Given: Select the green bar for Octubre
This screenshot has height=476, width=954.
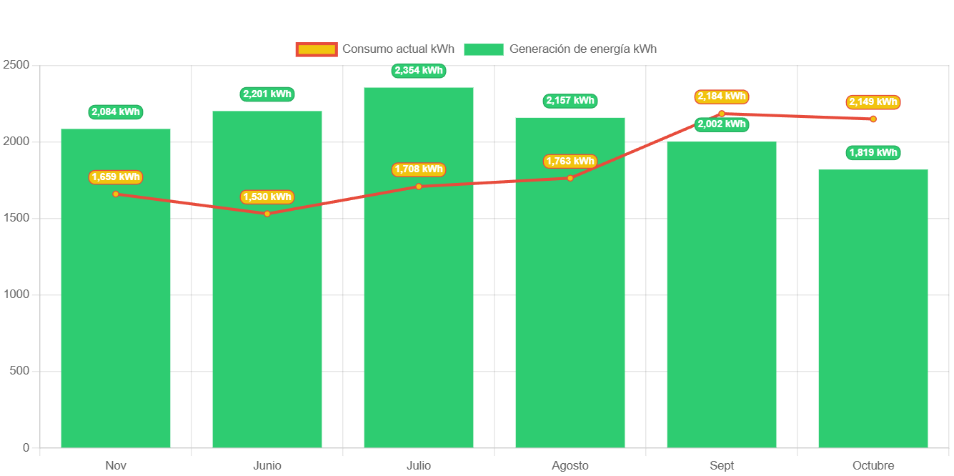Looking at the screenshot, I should [873, 307].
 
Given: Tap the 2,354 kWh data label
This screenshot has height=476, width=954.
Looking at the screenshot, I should [419, 71].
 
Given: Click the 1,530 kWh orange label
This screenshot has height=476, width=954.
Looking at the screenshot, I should [267, 197].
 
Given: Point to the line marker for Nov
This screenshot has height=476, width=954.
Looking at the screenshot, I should [116, 194].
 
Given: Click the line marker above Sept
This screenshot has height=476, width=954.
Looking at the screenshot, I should [722, 114].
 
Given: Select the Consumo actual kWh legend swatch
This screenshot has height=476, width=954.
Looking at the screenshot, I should [316, 49].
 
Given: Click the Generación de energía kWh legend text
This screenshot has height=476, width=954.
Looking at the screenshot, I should [582, 49].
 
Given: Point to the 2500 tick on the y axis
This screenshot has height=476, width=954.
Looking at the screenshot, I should [16, 65].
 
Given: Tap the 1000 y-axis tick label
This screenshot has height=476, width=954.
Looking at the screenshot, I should [16, 294].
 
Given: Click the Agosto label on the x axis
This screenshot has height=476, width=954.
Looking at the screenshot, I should [570, 466].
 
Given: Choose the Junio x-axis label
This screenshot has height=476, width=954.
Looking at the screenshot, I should [267, 466].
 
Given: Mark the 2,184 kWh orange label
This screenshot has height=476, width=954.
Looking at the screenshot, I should [722, 96].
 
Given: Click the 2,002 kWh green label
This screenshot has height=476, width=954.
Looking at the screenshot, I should [722, 124].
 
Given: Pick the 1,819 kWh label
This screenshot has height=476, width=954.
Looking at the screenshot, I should [873, 153].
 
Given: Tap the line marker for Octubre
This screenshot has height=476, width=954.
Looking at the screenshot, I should [873, 119].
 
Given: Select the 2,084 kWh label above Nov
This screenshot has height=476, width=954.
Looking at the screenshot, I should [116, 112].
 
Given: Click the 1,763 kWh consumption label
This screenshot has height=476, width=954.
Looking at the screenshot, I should [570, 162].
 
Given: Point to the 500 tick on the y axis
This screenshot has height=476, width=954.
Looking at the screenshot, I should [20, 371].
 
